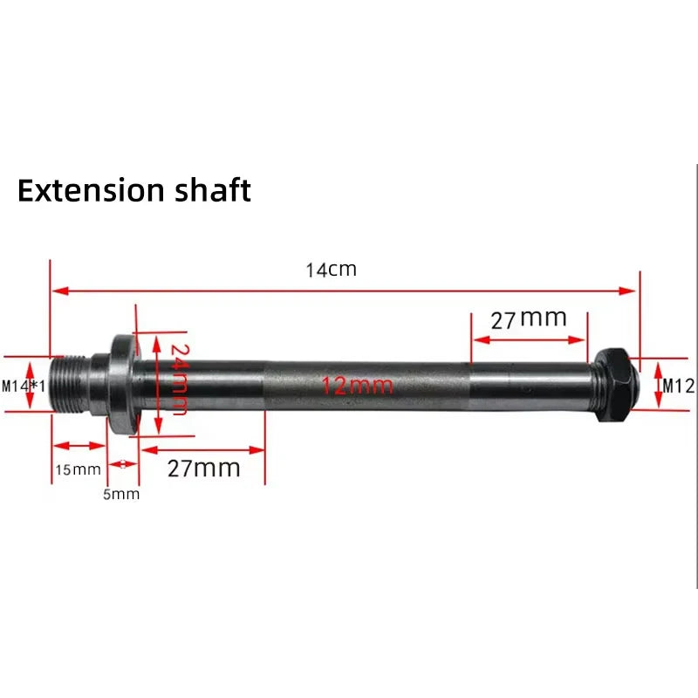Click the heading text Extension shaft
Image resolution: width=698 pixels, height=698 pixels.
134,190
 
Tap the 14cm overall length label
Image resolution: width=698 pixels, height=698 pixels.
331,270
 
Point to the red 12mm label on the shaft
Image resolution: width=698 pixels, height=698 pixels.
358,385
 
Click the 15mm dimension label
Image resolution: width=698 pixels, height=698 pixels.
79,469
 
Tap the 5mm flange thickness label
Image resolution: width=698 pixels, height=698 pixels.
121,495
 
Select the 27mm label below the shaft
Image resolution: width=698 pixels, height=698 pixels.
203,468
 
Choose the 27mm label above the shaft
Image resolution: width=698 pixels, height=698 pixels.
529,318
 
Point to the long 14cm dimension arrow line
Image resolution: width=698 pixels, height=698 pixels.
345,291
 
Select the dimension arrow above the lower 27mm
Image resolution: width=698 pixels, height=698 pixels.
203,450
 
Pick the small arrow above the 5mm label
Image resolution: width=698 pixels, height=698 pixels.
123,463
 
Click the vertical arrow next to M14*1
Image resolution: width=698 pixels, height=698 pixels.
34,385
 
